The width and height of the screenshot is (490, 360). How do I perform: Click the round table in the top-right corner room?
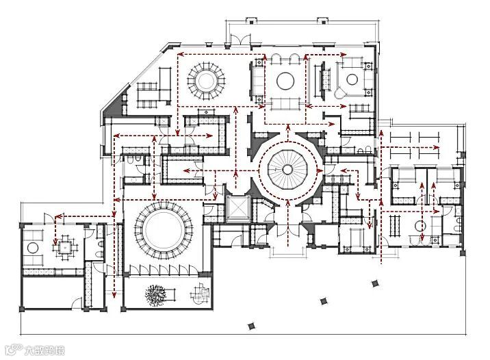352,78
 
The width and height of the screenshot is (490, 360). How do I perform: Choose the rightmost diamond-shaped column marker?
374,283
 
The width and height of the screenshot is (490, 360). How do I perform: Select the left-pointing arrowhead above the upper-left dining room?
181,53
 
